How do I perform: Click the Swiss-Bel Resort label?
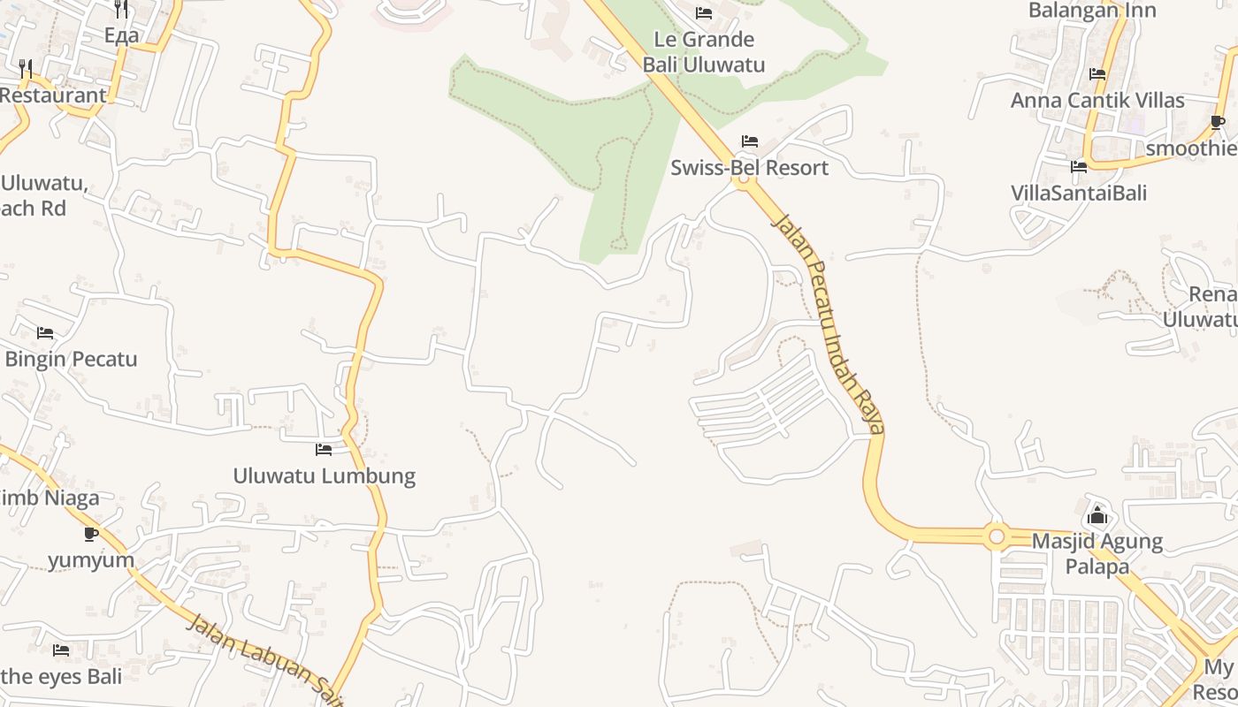[749, 168]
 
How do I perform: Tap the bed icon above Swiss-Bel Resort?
[750, 141]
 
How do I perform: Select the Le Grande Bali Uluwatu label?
[703, 52]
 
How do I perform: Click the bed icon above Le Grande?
[704, 13]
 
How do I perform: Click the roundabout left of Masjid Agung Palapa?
[997, 536]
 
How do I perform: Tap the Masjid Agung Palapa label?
[1097, 553]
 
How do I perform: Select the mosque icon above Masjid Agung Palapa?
[1097, 514]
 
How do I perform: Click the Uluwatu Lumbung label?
[324, 475]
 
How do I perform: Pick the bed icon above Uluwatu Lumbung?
[324, 450]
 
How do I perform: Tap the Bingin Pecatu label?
[71, 359]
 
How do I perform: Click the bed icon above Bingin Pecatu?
[45, 333]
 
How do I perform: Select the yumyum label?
[91, 559]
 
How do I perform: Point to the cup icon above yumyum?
[91, 534]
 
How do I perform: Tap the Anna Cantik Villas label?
[1097, 100]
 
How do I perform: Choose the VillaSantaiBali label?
[1079, 193]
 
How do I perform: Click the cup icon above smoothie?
[1218, 122]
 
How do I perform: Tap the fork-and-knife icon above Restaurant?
[26, 69]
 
